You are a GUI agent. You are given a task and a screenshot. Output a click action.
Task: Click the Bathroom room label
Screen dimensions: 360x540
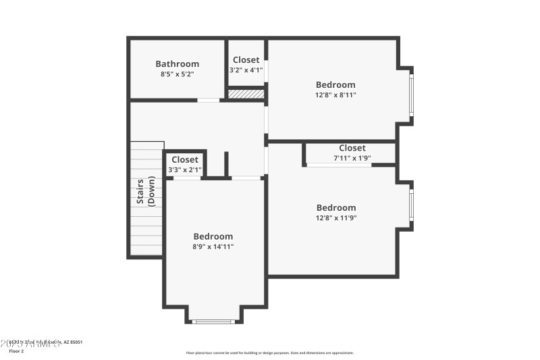(x=177, y=64)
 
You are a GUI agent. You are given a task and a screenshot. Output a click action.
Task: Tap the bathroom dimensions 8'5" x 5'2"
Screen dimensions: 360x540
(x=177, y=74)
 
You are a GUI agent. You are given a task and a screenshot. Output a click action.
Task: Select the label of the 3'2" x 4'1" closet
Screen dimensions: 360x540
(x=246, y=60)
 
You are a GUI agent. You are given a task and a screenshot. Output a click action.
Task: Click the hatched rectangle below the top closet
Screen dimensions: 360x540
(x=246, y=94)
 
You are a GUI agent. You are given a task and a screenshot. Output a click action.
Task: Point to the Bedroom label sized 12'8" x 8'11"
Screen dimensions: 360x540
(x=335, y=84)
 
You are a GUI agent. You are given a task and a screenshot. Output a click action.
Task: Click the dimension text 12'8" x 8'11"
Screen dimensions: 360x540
(x=335, y=95)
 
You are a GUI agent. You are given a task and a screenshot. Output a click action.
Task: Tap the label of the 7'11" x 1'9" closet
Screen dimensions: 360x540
(x=352, y=148)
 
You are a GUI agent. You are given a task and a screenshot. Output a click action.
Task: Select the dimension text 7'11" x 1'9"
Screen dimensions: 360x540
(x=352, y=158)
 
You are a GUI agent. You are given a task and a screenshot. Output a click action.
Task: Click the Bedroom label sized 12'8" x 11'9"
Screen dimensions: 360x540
(x=335, y=207)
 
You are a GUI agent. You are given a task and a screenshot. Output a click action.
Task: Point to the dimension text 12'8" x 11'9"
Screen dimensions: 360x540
(x=335, y=217)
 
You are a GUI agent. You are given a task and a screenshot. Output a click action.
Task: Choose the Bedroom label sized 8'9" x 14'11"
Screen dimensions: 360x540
(x=213, y=236)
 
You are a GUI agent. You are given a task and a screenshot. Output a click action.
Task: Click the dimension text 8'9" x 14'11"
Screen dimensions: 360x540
(x=213, y=247)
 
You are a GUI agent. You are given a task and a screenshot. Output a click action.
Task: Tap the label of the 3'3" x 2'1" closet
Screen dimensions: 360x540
(x=184, y=159)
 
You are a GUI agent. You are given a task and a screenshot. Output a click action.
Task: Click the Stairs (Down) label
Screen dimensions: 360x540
(x=146, y=190)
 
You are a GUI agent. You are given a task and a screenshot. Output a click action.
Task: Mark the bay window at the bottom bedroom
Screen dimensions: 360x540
(x=213, y=322)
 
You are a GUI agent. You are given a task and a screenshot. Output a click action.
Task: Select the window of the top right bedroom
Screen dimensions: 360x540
(x=411, y=95)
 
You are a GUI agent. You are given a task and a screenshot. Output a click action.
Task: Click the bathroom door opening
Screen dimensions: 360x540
(x=209, y=101)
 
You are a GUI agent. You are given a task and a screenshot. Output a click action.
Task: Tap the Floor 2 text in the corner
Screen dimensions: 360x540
(x=16, y=351)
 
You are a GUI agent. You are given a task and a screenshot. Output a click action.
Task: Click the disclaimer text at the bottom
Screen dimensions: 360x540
(x=269, y=353)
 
